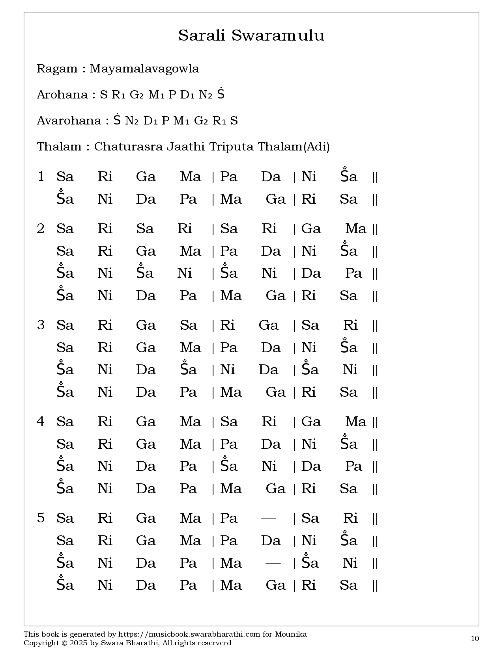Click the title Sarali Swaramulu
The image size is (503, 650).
pyautogui.click(x=251, y=35)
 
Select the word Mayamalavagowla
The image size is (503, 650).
pyautogui.click(x=144, y=69)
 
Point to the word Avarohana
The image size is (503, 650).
pyautogui.click(x=69, y=121)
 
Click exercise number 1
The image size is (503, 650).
pyautogui.click(x=41, y=176)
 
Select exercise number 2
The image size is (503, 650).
pyautogui.click(x=41, y=228)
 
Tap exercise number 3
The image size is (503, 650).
pyautogui.click(x=41, y=325)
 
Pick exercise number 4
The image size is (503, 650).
pyautogui.click(x=41, y=422)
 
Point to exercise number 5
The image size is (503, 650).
pyautogui.click(x=41, y=518)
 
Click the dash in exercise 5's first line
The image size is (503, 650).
pyautogui.click(x=268, y=518)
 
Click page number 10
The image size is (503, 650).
pyautogui.click(x=475, y=639)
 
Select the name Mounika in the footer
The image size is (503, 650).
pyautogui.click(x=291, y=634)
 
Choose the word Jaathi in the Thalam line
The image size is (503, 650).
pyautogui.click(x=185, y=147)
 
